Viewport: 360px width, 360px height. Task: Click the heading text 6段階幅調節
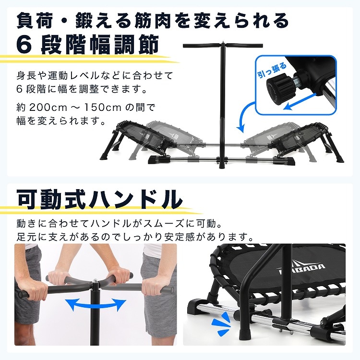[x=87, y=45]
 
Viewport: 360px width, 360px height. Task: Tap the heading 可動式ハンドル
[x=100, y=199]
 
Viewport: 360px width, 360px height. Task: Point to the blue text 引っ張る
[x=273, y=70]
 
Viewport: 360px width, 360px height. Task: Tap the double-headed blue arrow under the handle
[x=96, y=305]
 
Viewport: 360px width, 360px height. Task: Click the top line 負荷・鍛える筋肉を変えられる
[x=153, y=21]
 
